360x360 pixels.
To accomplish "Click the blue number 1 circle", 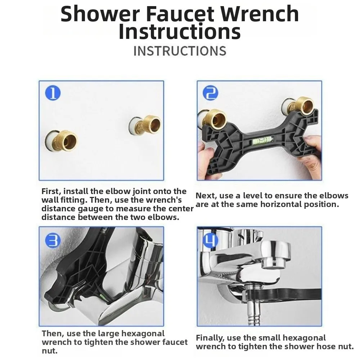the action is pyautogui.click(x=53, y=93).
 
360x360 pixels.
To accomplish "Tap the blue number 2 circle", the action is pyautogui.click(x=211, y=93).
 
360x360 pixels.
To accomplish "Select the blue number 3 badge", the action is pyautogui.click(x=53, y=240).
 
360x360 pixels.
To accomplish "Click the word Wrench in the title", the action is pyautogui.click(x=261, y=14).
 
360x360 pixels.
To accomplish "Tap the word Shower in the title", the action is pyautogui.click(x=100, y=14).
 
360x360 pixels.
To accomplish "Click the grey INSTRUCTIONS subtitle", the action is pyautogui.click(x=180, y=51).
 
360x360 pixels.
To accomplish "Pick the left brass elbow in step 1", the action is pyautogui.click(x=62, y=140).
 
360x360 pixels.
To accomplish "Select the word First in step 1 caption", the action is pyautogui.click(x=51, y=191).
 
